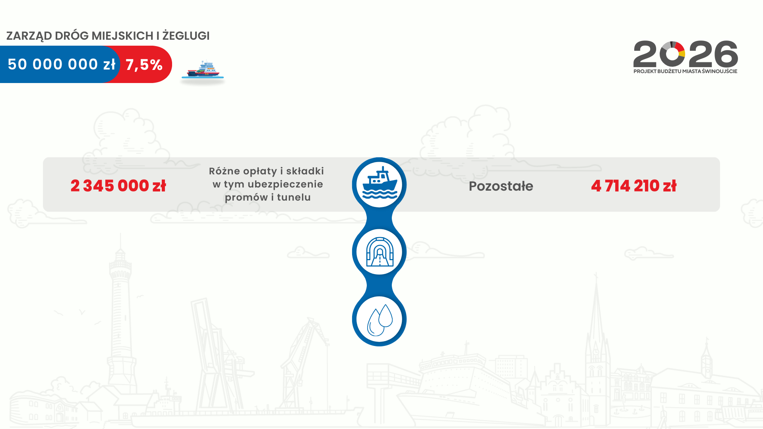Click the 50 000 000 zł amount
point(62,64)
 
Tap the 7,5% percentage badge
point(144,65)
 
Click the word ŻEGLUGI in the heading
point(186,36)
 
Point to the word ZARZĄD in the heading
point(29,36)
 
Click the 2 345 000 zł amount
point(118,186)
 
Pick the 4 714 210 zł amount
point(633,186)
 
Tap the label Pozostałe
point(501,186)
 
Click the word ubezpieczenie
point(285,184)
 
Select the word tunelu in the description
point(294,197)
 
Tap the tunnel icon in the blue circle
point(379,252)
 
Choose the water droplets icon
point(379,319)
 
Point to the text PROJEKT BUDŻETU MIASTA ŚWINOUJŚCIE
point(685,71)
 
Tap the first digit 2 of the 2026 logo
point(645,54)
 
